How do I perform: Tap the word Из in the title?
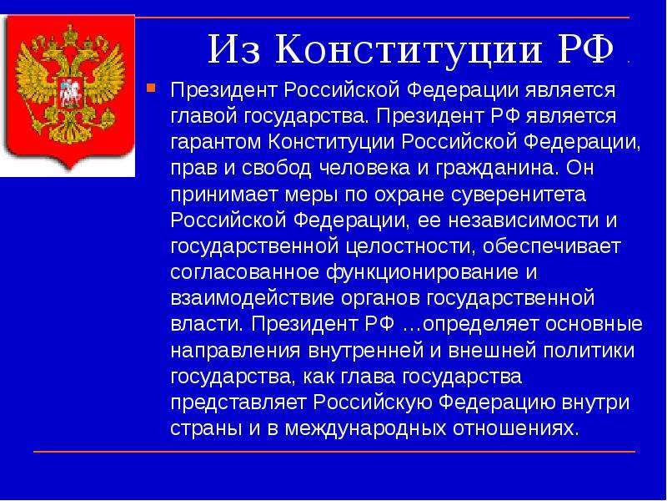pos(233,49)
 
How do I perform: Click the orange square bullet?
pos(151,88)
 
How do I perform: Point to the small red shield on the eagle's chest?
pos(67,93)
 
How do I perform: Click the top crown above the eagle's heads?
pos(69,33)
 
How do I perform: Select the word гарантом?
pos(216,143)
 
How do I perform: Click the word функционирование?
pos(423,273)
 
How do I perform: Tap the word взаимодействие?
pos(253,299)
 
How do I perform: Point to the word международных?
pos(365,429)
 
